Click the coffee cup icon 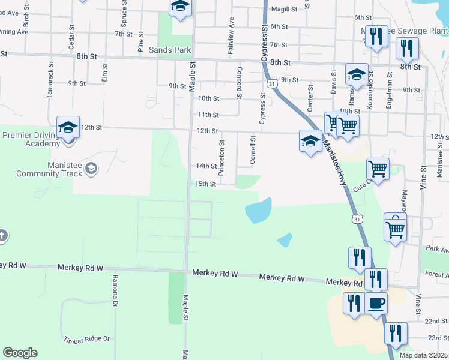(x=376, y=303)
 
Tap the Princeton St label (x=221, y=158)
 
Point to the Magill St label (x=285, y=9)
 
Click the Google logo (x=20, y=353)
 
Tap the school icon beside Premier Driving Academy (x=68, y=128)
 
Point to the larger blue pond (x=259, y=211)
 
